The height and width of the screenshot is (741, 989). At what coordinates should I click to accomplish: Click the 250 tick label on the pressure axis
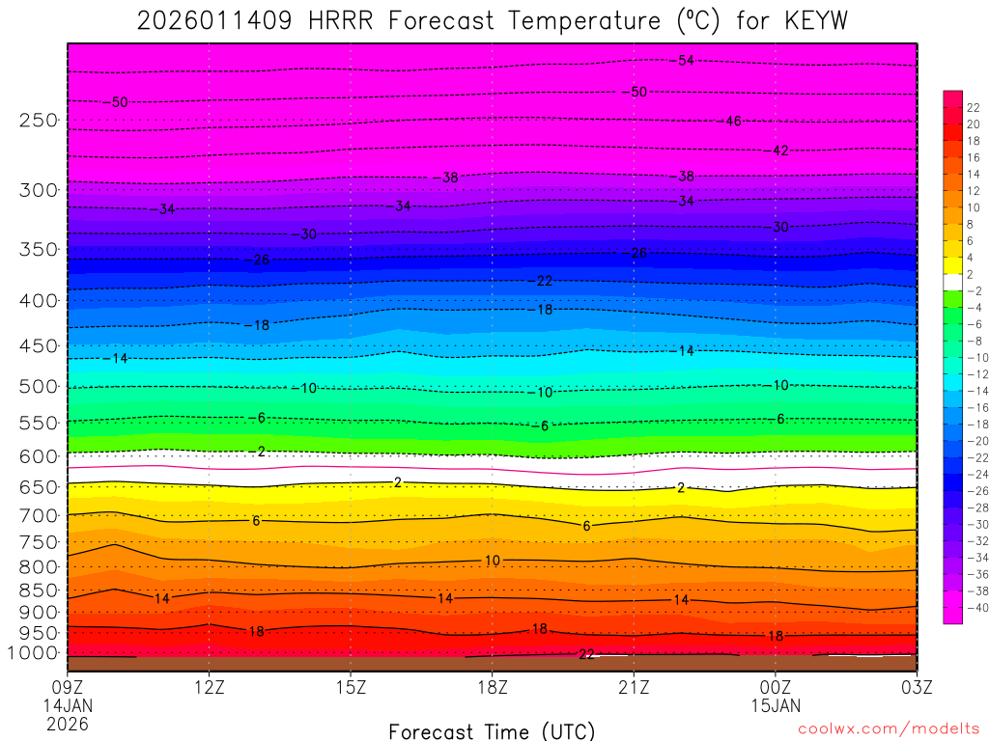(38, 121)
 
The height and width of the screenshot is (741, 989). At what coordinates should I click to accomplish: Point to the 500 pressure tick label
(38, 387)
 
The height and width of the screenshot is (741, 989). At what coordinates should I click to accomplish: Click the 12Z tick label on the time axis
(210, 687)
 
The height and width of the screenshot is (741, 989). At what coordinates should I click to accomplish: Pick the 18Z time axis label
(492, 687)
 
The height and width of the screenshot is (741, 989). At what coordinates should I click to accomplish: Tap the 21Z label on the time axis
(633, 687)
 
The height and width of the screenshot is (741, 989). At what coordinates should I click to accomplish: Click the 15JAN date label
(776, 705)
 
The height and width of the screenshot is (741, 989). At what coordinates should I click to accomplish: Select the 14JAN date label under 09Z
(67, 705)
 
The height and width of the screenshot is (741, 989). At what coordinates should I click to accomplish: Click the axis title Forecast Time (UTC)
(492, 730)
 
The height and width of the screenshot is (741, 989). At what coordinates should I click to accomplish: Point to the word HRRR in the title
(339, 20)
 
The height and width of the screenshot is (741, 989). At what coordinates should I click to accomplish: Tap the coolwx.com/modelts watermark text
(888, 730)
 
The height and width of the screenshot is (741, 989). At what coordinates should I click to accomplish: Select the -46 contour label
(731, 121)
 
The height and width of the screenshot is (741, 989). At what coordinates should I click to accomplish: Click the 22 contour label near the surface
(585, 654)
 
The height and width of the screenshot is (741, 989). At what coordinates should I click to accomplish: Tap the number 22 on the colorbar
(974, 107)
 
